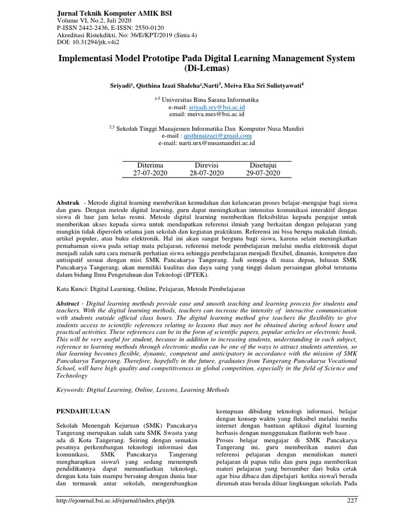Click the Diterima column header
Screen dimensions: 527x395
click(x=143, y=165)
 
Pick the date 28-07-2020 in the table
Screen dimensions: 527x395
click(x=207, y=173)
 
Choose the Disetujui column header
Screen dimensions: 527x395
click(x=263, y=165)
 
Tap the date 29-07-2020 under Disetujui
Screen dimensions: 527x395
click(x=263, y=173)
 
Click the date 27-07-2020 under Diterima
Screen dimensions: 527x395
click(x=143, y=173)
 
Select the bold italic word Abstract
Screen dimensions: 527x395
click(x=68, y=304)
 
